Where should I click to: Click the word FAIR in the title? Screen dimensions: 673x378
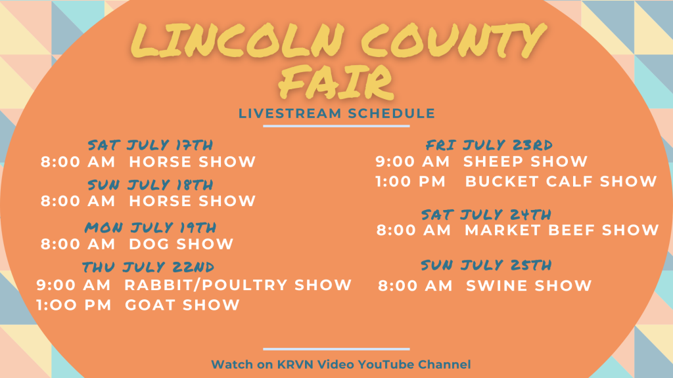coord(336,81)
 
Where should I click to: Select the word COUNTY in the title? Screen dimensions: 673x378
coord(454,40)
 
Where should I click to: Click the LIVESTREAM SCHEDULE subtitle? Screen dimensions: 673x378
coord(337,114)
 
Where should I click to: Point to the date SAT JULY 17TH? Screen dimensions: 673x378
coord(151,145)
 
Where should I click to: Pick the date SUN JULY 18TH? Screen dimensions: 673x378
coord(151,184)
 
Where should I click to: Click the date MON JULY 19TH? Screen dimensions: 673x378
coord(151,227)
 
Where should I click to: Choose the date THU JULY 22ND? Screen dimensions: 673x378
coord(148,267)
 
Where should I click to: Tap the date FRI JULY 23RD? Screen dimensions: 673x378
coord(489,145)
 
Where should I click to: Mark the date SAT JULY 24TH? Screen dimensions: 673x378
coord(486,215)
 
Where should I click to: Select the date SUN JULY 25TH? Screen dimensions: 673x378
coord(486,265)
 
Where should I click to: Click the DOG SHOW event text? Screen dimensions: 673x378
coord(181,244)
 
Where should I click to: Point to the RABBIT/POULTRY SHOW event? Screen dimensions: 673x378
coord(238,285)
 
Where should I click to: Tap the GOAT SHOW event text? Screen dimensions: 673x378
coord(183,304)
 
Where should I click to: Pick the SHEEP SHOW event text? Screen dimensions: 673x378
coord(525,161)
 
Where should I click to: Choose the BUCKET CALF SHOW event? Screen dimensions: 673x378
coord(561,181)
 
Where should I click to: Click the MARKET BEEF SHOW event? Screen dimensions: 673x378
coord(562,230)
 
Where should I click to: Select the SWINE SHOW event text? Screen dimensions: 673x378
coord(529,285)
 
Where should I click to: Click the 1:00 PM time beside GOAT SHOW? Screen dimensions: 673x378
coord(74,304)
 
